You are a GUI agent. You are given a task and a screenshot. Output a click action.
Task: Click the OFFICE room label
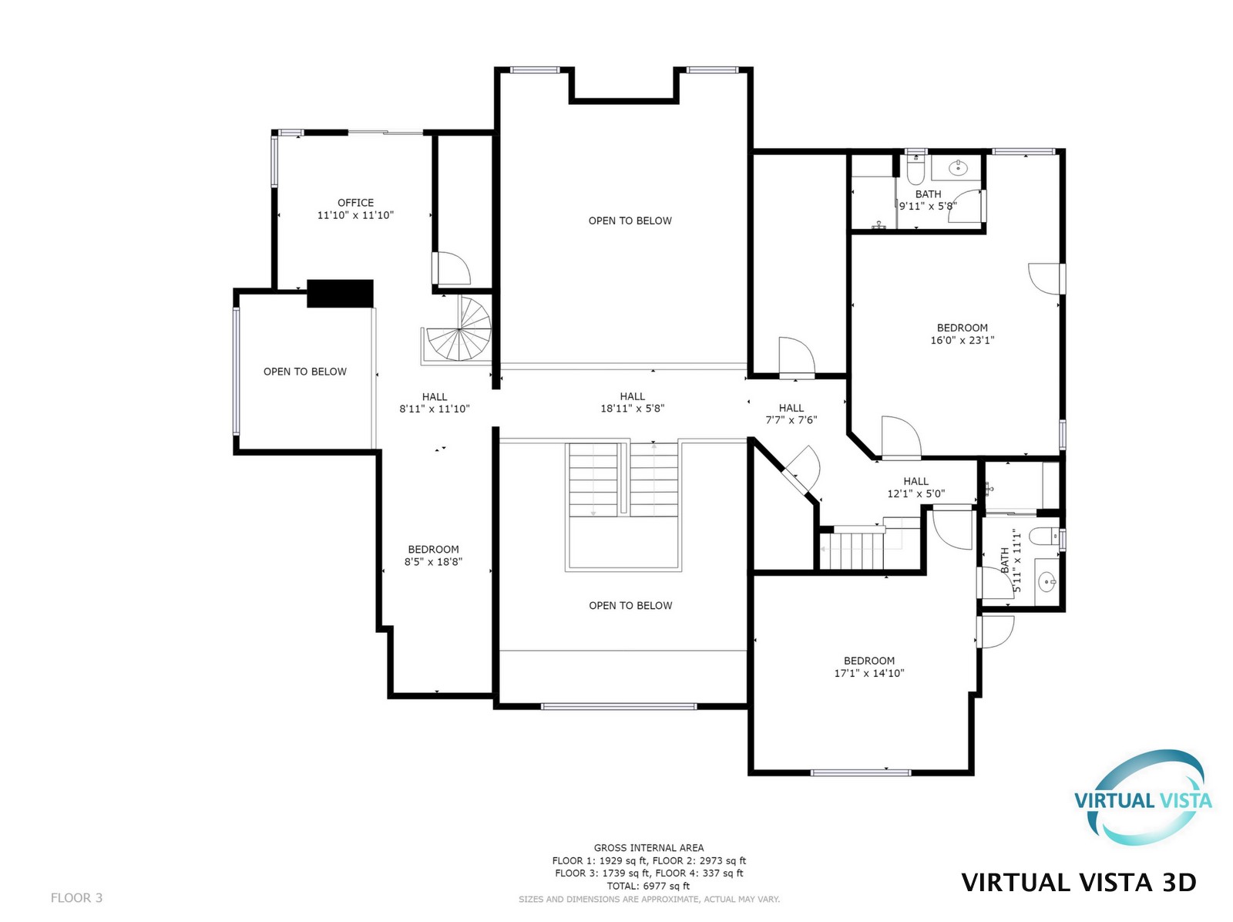[355, 202]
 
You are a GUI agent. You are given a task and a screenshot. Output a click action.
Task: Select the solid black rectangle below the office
[340, 293]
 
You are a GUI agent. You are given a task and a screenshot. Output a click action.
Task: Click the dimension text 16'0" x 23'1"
[962, 340]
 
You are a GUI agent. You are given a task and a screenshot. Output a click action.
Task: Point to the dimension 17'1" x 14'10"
[868, 673]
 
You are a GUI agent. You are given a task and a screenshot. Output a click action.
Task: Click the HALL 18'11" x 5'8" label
[632, 402]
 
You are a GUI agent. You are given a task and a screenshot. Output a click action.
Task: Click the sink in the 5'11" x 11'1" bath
[1047, 582]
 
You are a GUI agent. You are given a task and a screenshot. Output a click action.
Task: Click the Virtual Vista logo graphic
[1142, 798]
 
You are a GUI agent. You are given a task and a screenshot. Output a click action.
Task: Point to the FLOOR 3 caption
[76, 898]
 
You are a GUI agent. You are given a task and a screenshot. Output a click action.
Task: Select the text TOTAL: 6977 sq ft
[648, 886]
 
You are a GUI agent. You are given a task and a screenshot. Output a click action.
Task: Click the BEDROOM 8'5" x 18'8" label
[433, 555]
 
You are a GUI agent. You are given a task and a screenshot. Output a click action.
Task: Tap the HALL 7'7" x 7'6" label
[791, 413]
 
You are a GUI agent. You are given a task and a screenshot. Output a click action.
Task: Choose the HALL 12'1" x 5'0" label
[916, 487]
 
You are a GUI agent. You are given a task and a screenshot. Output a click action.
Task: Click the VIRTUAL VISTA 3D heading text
[1079, 883]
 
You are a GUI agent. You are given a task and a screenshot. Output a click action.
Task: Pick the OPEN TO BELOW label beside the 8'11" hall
[305, 372]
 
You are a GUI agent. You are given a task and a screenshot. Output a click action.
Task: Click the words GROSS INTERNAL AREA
[649, 848]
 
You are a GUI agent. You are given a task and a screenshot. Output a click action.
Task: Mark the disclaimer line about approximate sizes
[649, 900]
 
